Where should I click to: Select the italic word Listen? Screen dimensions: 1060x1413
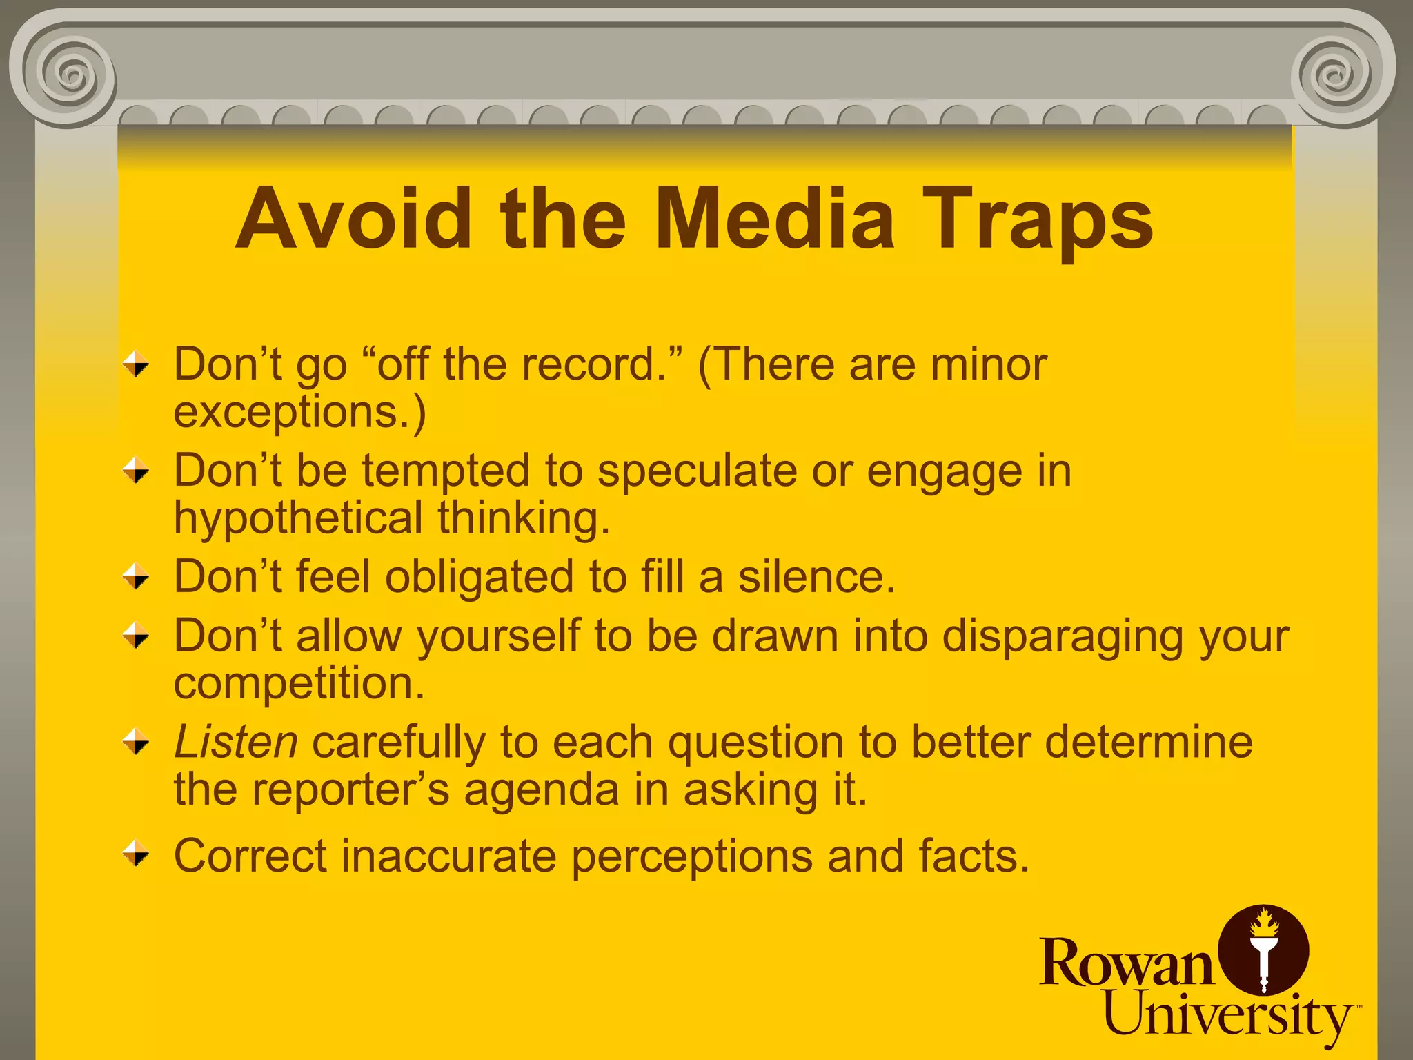pyautogui.click(x=236, y=743)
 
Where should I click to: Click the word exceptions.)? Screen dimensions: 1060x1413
pyautogui.click(x=300, y=413)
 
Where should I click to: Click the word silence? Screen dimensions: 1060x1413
pyautogui.click(x=817, y=577)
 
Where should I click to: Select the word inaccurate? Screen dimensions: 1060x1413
pyautogui.click(x=448, y=856)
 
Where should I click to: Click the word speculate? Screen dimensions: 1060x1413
pyautogui.click(x=697, y=471)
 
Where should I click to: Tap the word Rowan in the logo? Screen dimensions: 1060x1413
pyautogui.click(x=1126, y=963)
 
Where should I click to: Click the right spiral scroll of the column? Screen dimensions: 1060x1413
pyautogui.click(x=1338, y=73)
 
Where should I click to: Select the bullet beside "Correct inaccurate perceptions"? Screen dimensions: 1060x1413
pyautogui.click(x=136, y=854)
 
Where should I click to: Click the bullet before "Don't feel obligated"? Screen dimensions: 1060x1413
pyautogui.click(x=136, y=576)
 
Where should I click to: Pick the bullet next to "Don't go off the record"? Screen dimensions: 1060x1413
pyautogui.click(x=136, y=364)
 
